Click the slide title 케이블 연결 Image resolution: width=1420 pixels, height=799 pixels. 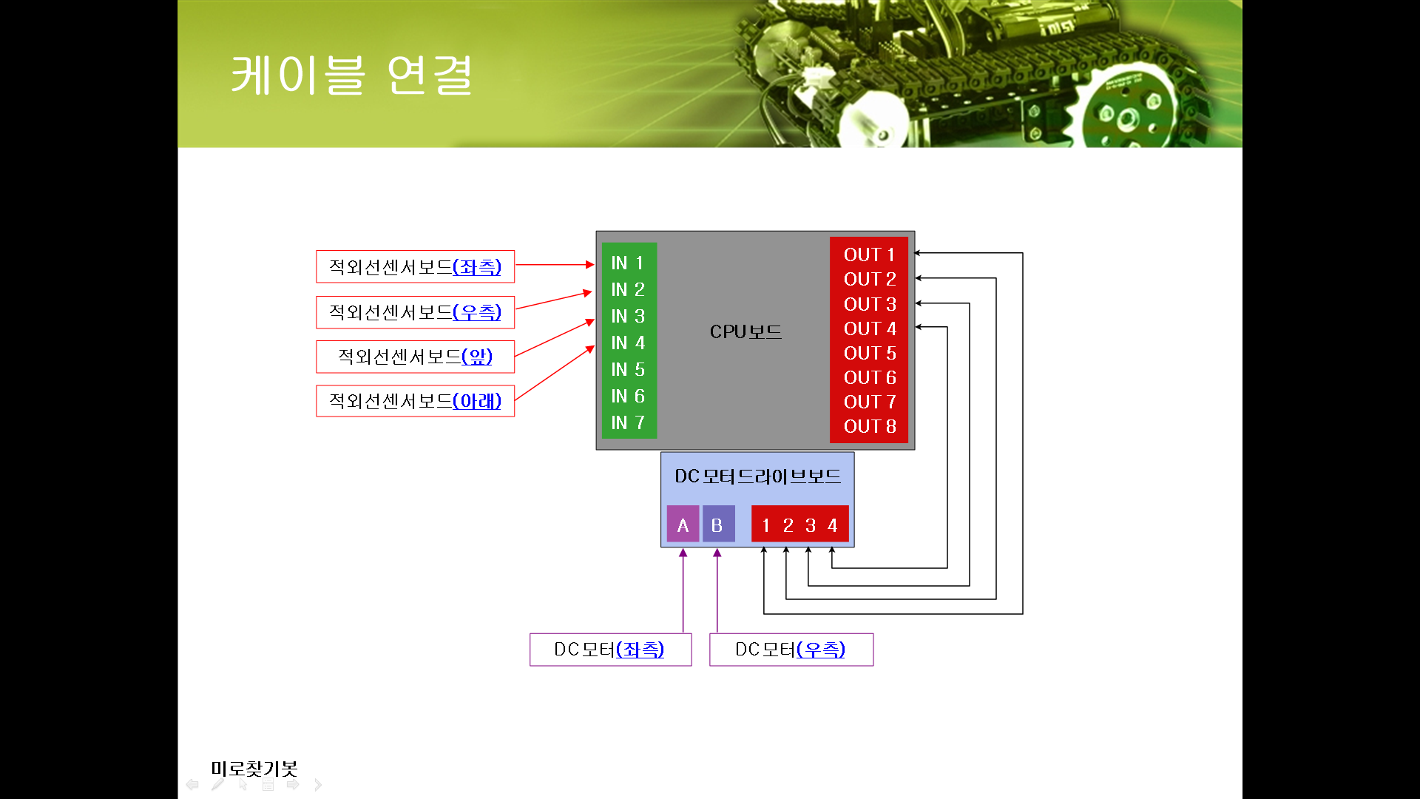click(x=352, y=75)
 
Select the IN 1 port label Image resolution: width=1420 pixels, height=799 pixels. click(x=627, y=263)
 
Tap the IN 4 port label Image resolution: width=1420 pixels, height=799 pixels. click(x=628, y=343)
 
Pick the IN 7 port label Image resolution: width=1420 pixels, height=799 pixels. click(x=628, y=422)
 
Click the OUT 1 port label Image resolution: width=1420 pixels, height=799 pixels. click(x=869, y=254)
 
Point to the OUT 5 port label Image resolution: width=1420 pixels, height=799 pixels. click(x=869, y=353)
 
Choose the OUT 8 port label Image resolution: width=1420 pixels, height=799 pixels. click(x=869, y=426)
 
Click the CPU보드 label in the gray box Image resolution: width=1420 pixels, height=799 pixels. click(x=745, y=331)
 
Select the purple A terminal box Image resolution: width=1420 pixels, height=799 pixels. click(x=683, y=525)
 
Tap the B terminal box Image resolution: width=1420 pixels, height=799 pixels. click(x=717, y=525)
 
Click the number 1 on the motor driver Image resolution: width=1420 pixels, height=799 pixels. click(x=765, y=525)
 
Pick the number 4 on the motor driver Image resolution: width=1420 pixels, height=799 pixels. click(x=833, y=525)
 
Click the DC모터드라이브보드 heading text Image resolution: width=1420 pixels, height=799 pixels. click(x=757, y=476)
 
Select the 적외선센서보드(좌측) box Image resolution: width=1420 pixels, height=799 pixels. click(x=415, y=266)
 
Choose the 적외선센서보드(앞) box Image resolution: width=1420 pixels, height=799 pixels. click(x=415, y=357)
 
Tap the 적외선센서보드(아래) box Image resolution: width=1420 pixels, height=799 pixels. click(x=415, y=401)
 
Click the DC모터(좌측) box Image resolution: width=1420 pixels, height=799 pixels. click(x=610, y=650)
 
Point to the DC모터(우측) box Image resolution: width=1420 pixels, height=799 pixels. click(x=791, y=650)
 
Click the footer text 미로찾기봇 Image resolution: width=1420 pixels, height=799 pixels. click(x=254, y=769)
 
